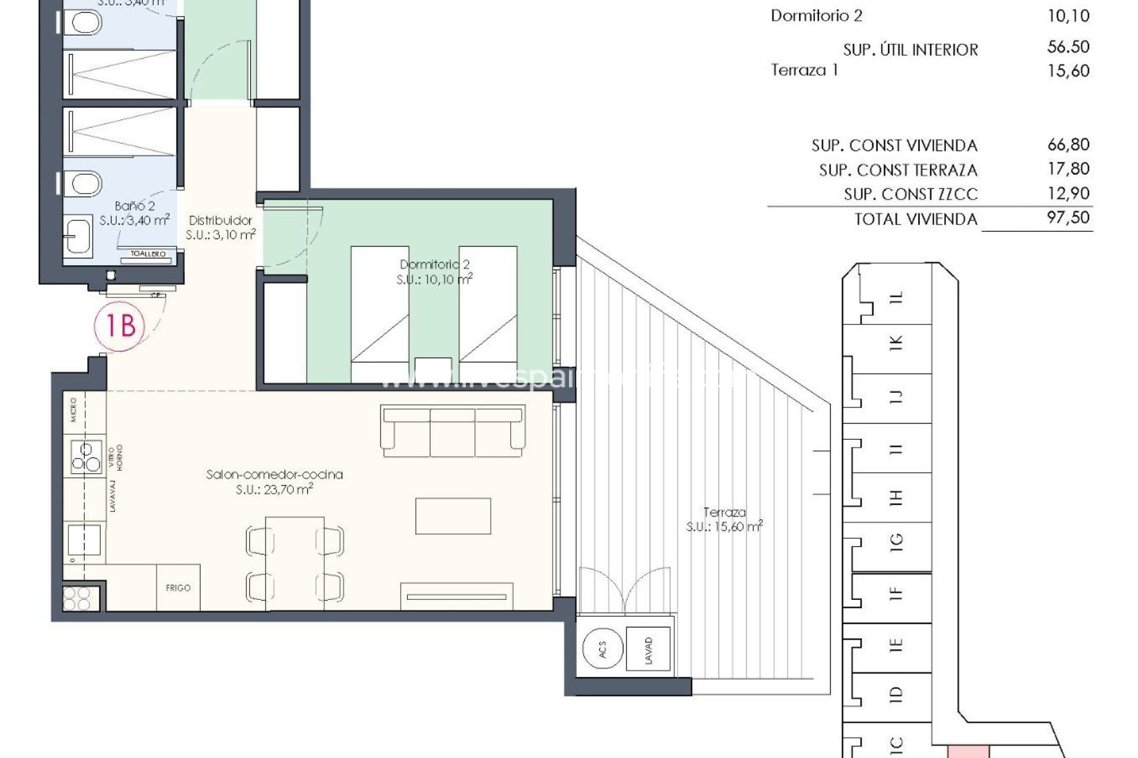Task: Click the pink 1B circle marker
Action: point(120,325)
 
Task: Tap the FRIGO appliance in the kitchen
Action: point(178,587)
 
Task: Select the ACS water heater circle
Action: point(602,652)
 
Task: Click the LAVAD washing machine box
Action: point(648,651)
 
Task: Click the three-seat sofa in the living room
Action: point(453,431)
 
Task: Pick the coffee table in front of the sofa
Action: point(453,516)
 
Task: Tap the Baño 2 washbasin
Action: point(78,236)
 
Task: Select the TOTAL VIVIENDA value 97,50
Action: point(1068,217)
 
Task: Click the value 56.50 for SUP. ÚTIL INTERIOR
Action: point(1068,47)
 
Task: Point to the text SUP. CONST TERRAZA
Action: point(897,171)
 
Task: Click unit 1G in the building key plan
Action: point(896,540)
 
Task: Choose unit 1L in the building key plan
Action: point(897,297)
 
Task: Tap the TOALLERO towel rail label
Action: point(148,254)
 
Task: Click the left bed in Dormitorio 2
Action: point(380,314)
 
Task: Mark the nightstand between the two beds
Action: point(433,370)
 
